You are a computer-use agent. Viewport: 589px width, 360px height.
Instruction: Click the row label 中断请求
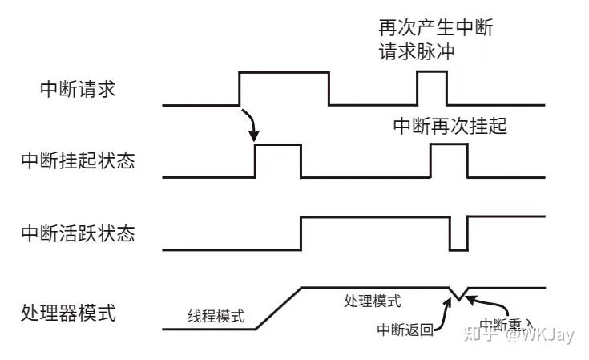coord(78,89)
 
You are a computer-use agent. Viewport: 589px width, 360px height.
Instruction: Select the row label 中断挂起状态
coord(78,160)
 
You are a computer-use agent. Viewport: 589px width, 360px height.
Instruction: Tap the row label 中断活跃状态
coord(78,234)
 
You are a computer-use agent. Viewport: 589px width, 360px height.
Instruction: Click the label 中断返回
coord(405,329)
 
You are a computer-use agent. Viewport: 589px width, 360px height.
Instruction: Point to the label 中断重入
coord(506,324)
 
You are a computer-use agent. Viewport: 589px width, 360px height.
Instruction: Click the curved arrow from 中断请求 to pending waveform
coord(252,123)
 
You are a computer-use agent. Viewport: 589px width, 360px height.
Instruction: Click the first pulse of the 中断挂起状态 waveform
coord(277,145)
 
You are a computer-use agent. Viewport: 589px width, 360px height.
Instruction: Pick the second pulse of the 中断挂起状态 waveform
coord(448,145)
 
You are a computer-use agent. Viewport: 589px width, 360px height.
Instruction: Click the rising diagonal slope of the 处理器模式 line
coord(277,308)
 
